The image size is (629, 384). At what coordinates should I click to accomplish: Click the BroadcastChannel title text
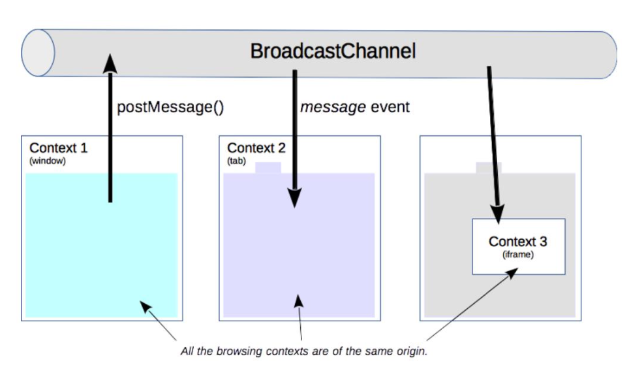coord(333,52)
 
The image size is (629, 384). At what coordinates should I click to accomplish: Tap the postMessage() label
coord(170,107)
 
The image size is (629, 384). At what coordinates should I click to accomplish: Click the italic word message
coord(333,108)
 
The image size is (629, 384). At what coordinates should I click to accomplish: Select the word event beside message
coord(390,107)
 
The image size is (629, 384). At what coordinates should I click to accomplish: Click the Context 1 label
coord(58,148)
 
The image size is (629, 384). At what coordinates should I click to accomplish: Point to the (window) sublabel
coord(48,161)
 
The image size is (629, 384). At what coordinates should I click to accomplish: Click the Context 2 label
coord(256,148)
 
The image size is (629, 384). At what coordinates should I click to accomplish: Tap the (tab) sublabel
coord(236,161)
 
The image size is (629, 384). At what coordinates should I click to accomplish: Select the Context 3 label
coord(518,242)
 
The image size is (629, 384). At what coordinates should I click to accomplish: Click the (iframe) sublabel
coord(518,255)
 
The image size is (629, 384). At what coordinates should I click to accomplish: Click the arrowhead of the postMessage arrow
coord(110,63)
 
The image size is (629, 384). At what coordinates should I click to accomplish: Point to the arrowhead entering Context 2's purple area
coord(295,198)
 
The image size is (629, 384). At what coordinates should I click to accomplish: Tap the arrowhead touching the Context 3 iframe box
coord(498,214)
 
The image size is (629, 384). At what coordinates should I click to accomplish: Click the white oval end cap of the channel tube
coord(38,53)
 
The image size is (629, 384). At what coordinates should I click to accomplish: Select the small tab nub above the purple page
coord(268,167)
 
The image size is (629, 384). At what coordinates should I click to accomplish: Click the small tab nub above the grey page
coord(489,167)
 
